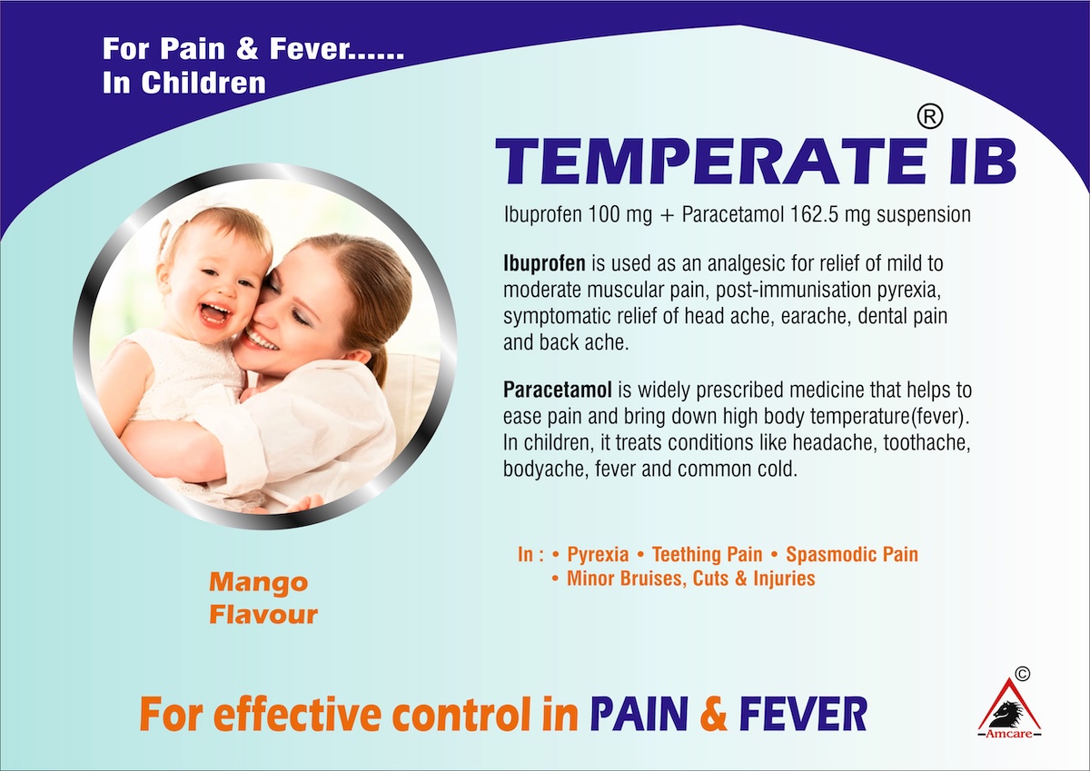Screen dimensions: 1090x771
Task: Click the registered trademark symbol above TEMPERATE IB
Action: pos(929,117)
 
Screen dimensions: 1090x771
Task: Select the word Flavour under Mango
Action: pos(263,615)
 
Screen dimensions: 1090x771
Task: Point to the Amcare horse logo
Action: pos(1009,708)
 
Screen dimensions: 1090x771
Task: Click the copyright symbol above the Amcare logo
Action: pos(1023,674)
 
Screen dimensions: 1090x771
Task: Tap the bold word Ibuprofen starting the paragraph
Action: pos(544,264)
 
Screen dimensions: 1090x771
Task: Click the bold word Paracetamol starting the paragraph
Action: pos(557,390)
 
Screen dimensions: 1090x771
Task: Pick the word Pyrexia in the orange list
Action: pos(598,555)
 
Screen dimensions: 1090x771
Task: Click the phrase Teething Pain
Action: pos(707,554)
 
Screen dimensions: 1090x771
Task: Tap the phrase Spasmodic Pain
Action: pos(852,555)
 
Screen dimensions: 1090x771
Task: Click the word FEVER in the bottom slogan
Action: pos(803,714)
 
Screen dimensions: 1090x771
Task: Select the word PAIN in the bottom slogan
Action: pos(639,714)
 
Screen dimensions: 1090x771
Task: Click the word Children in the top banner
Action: pos(203,83)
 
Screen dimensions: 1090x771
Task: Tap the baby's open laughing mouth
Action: pos(215,313)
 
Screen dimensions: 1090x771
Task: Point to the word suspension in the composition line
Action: pos(924,215)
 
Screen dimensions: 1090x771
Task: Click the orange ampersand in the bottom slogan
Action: pos(713,714)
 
